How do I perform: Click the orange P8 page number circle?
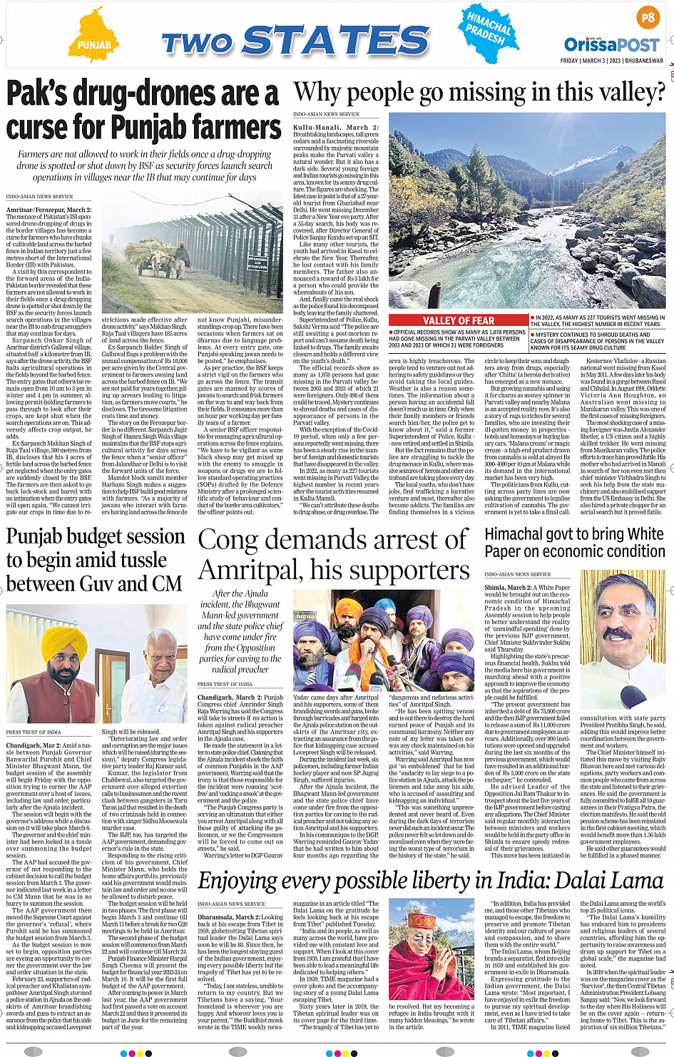pos(648,17)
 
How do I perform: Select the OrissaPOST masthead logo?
pos(612,45)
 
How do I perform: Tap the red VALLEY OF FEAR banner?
pos(459,321)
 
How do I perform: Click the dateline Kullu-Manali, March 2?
pos(335,127)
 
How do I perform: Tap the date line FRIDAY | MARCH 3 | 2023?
pos(611,61)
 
